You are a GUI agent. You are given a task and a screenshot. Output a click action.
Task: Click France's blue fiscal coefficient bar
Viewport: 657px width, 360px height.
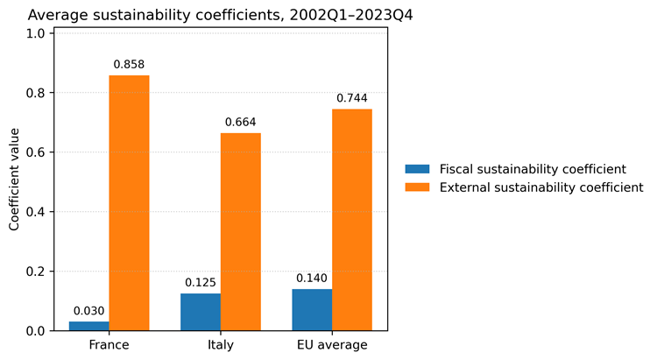click(x=88, y=326)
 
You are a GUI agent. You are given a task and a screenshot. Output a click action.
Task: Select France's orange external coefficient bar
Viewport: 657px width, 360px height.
click(x=129, y=203)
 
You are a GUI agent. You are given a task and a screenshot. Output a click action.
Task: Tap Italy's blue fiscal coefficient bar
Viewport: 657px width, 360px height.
click(x=201, y=312)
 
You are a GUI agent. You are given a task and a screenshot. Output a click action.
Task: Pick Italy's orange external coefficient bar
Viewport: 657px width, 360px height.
click(x=241, y=232)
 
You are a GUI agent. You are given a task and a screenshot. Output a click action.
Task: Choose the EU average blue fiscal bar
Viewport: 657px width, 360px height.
click(x=312, y=310)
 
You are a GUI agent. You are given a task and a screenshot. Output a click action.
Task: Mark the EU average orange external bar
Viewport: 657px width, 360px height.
click(x=352, y=220)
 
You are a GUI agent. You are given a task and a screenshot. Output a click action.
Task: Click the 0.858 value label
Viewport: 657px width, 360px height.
click(x=129, y=65)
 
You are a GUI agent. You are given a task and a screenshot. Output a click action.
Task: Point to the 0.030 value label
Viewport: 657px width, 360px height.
click(x=88, y=311)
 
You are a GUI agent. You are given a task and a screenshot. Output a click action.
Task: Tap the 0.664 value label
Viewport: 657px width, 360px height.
click(x=241, y=123)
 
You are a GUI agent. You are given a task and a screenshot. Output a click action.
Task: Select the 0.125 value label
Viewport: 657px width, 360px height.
click(x=201, y=282)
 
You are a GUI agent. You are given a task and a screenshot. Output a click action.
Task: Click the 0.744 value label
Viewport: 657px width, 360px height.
click(x=352, y=98)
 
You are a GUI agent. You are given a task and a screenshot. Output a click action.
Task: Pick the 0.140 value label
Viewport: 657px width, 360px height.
click(x=312, y=279)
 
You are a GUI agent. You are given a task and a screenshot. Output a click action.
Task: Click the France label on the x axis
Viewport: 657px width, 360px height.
click(x=109, y=345)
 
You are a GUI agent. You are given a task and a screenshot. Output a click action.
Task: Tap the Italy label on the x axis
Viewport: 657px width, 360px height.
click(x=221, y=345)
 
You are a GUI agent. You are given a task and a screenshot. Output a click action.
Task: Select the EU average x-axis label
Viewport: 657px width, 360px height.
click(x=332, y=345)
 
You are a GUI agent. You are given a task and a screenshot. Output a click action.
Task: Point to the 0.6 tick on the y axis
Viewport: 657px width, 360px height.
click(x=36, y=152)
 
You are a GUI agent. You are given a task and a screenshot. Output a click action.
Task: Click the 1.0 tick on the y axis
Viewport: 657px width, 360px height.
click(x=36, y=33)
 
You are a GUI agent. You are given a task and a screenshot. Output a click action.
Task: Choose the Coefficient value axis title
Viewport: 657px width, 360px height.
click(x=14, y=180)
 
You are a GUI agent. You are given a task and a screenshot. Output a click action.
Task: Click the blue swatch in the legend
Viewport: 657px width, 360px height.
click(x=417, y=169)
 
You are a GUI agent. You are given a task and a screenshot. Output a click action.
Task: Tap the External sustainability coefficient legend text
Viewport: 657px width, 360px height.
click(x=541, y=187)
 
